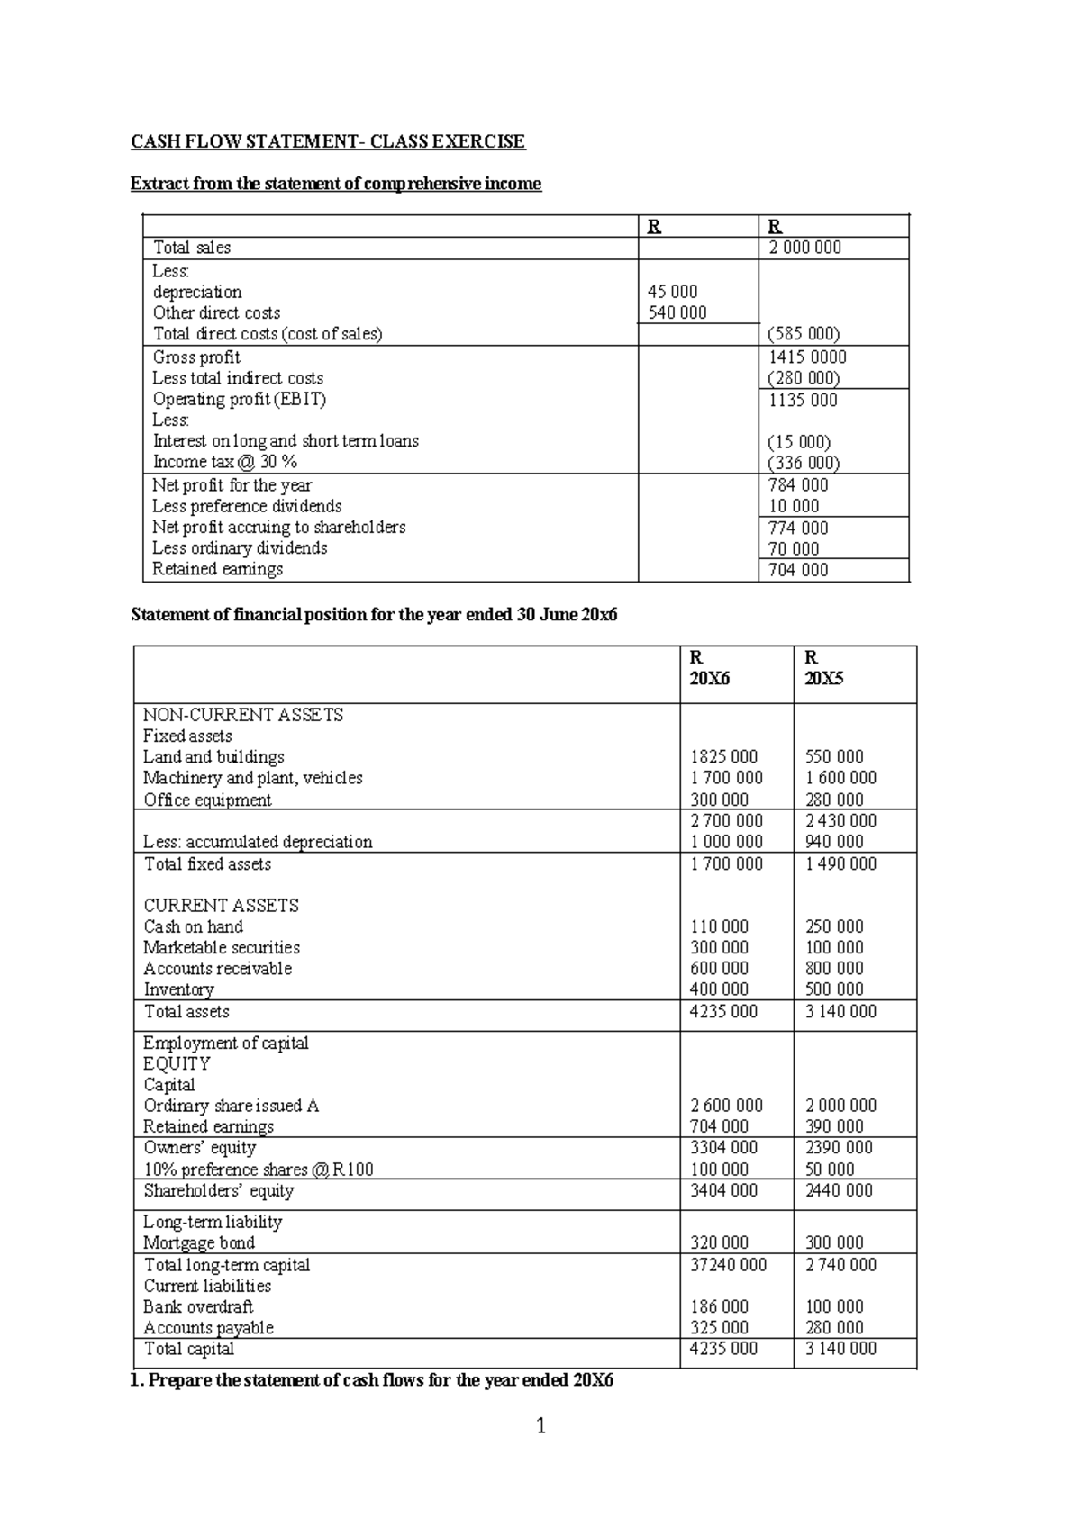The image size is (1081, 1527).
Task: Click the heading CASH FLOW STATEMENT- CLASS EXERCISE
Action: point(328,141)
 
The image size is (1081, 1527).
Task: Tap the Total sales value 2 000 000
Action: point(804,248)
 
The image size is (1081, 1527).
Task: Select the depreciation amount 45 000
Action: point(672,292)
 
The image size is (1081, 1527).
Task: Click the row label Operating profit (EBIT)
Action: point(239,399)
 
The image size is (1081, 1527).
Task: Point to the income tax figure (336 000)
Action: point(804,463)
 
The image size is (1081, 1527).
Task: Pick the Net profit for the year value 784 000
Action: point(798,485)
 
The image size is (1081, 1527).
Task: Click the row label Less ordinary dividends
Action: point(240,548)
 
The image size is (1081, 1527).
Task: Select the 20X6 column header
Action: point(710,679)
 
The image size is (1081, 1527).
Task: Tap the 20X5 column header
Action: point(823,679)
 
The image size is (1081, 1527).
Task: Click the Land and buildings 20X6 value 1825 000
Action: point(723,757)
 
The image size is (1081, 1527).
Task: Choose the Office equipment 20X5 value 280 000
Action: point(834,800)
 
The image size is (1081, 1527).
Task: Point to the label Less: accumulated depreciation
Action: point(258,842)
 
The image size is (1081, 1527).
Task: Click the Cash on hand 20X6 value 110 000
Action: point(719,926)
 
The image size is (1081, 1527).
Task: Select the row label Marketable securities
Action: point(222,947)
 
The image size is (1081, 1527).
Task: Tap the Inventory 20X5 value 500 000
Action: point(834,989)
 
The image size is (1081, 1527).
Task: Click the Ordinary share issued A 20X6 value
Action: point(726,1106)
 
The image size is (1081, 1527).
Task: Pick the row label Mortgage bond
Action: point(199,1243)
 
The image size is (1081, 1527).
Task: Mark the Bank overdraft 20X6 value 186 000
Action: point(719,1306)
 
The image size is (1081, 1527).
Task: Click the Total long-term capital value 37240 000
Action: point(728,1265)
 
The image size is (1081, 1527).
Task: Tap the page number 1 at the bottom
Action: point(540,1425)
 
